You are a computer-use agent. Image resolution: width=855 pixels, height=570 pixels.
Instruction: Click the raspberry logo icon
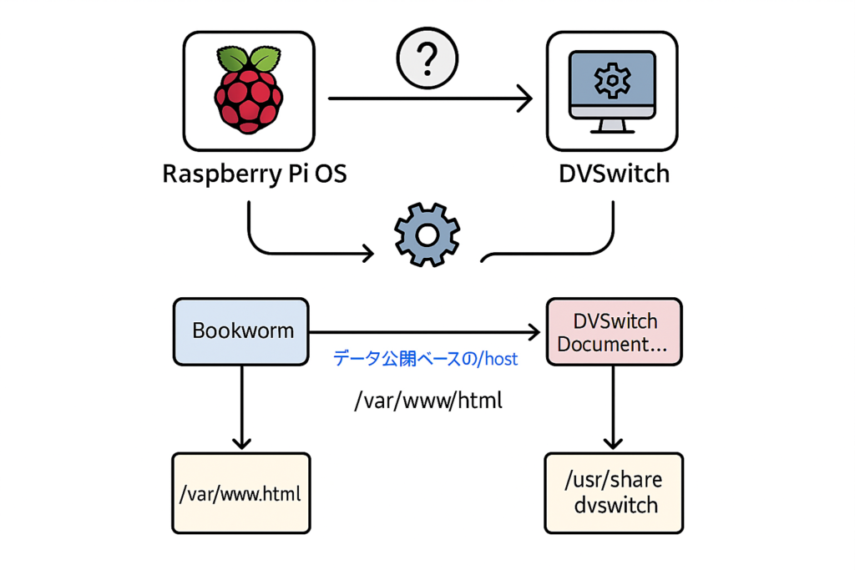coord(248,91)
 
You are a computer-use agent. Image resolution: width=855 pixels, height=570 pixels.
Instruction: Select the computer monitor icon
coord(612,90)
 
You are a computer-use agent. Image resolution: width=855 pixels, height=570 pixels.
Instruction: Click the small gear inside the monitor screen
coord(612,81)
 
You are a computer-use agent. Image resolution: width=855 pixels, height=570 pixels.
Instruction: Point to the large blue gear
coord(427,236)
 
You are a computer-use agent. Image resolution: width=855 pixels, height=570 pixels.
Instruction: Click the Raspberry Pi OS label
coord(255,174)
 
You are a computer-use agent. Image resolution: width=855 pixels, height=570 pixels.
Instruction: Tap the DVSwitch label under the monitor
coord(614,175)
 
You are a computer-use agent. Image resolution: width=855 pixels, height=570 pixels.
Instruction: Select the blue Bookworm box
coord(242,330)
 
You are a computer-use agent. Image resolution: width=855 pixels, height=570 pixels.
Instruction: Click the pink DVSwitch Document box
coord(614,332)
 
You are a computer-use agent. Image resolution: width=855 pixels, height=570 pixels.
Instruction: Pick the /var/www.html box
coord(241,492)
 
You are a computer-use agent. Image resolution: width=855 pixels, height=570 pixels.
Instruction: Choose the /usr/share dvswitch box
coord(614,492)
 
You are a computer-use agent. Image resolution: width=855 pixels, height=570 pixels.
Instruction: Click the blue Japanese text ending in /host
coord(425,359)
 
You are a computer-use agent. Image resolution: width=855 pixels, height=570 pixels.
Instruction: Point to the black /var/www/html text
coord(428,401)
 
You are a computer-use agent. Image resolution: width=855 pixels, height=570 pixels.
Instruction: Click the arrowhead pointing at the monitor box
coord(524,98)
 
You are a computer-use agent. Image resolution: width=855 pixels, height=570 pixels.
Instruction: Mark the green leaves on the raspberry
coord(248,58)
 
